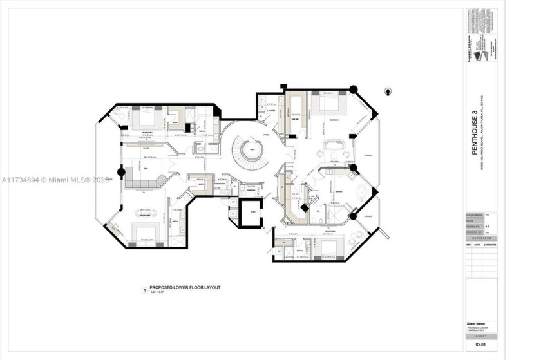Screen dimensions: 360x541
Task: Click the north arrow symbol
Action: click(387, 91)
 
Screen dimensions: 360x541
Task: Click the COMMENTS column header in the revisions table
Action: click(489, 245)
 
